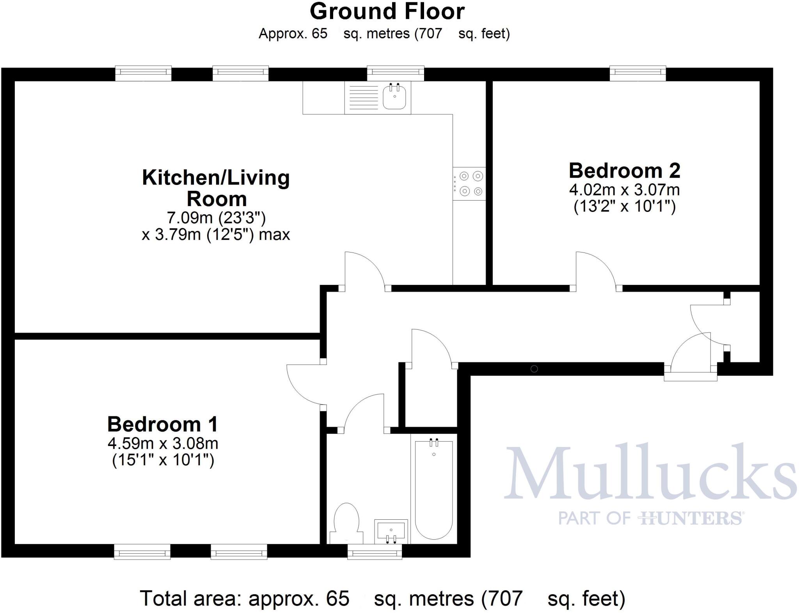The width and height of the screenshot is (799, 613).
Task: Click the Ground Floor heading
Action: click(387, 11)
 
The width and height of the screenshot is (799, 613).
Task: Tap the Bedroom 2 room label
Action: click(624, 171)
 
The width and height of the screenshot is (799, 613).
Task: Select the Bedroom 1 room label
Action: click(162, 424)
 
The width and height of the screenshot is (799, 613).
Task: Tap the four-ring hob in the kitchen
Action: click(469, 184)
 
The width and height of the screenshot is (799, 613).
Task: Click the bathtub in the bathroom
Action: click(433, 490)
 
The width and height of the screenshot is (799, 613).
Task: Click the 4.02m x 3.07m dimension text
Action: click(624, 190)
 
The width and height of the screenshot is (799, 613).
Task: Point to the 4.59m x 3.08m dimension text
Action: click(163, 444)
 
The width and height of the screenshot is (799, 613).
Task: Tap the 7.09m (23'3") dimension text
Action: click(216, 217)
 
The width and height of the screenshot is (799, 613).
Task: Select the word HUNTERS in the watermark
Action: click(691, 519)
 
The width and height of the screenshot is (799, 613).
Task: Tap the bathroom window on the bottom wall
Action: click(375, 551)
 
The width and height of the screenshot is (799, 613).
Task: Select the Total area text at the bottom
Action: click(382, 598)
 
